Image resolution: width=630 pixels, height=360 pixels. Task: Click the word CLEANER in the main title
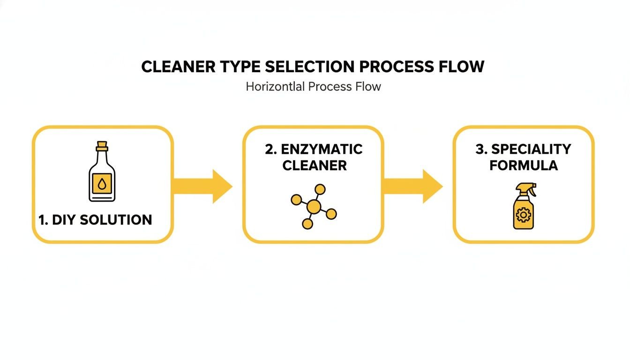pos(178,67)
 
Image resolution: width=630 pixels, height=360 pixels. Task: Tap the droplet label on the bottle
pos(102,183)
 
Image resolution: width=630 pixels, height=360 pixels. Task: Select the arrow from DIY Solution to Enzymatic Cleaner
pos(203,186)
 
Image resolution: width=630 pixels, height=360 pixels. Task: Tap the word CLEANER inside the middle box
pos(315,165)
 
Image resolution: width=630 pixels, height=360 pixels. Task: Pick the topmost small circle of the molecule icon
pos(320,189)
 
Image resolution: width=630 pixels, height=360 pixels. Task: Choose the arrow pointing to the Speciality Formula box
pos(413,186)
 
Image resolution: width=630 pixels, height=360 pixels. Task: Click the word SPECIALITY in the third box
pos(531,150)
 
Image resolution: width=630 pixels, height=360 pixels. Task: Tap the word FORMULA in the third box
pos(524,165)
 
